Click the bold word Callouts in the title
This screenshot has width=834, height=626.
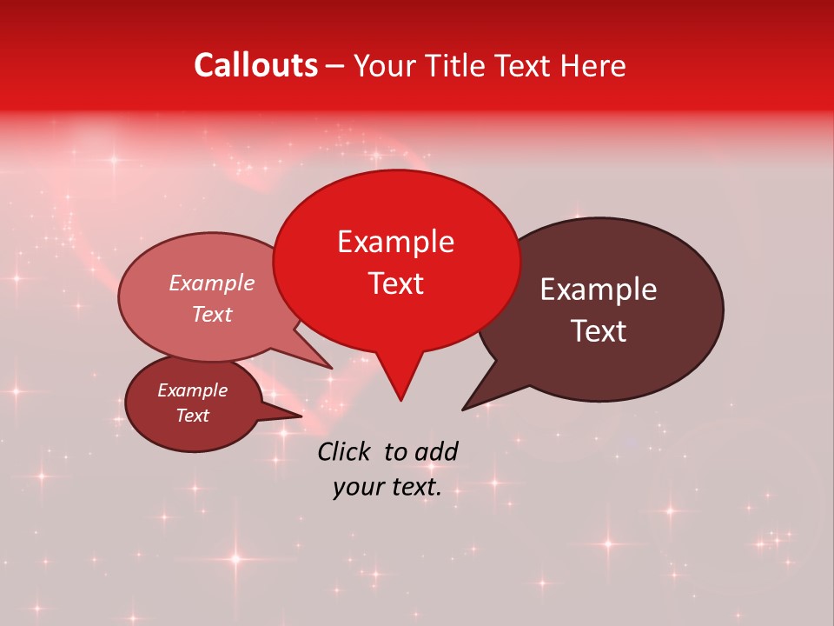pyautogui.click(x=255, y=65)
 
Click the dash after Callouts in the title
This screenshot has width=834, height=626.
pyautogui.click(x=335, y=66)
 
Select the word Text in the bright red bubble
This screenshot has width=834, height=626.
pyautogui.click(x=395, y=283)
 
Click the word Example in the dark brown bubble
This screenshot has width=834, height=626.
pyautogui.click(x=599, y=289)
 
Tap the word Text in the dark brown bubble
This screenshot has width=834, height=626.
pyautogui.click(x=599, y=330)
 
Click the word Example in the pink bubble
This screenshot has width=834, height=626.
pyautogui.click(x=211, y=283)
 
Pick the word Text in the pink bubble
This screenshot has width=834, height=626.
pyautogui.click(x=211, y=314)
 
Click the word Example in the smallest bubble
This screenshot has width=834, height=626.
pyautogui.click(x=192, y=390)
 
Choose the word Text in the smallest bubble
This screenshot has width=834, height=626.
pyautogui.click(x=192, y=416)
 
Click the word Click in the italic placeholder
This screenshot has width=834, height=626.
pyautogui.click(x=347, y=450)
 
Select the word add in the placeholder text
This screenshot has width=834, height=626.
pyautogui.click(x=435, y=450)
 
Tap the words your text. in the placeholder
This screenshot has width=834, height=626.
pyautogui.click(x=387, y=487)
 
